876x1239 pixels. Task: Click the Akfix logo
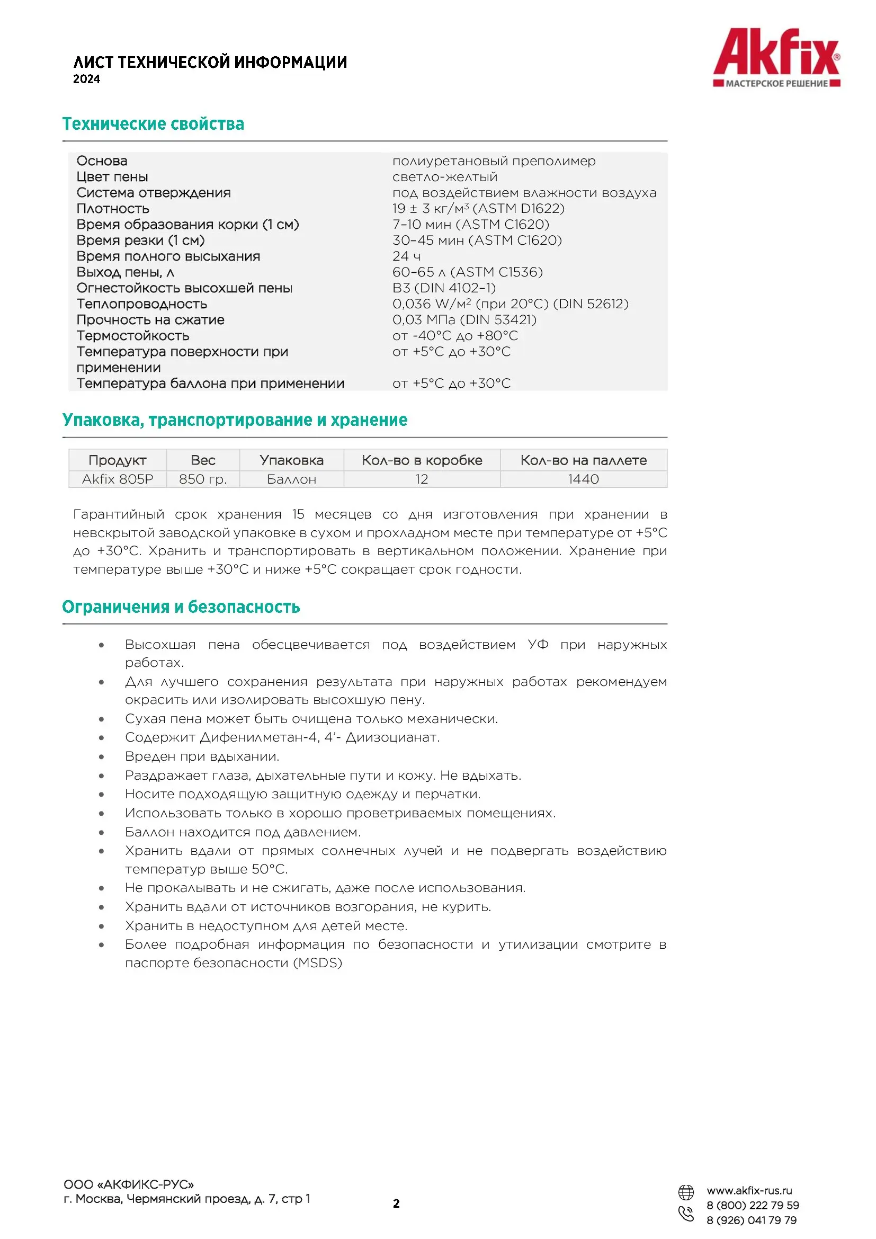776,57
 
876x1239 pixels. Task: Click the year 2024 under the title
86,79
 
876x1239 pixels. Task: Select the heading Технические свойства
153,124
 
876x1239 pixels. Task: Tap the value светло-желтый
444,177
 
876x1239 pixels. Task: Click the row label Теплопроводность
141,304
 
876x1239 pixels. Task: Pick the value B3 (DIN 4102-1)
443,288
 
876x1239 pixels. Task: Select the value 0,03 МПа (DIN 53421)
464,320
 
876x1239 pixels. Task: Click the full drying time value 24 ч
406,256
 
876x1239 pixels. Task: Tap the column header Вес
203,460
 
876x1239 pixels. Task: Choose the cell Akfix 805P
118,479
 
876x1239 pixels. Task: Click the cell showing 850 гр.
203,479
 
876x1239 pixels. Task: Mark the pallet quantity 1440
583,479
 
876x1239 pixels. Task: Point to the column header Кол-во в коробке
422,460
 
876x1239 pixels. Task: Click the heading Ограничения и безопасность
181,607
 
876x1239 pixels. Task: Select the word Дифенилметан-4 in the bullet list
259,737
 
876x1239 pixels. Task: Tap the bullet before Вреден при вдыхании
101,756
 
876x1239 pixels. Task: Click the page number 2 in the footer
397,1204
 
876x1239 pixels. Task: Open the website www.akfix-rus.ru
749,1191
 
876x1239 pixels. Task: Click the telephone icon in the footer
685,1214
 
